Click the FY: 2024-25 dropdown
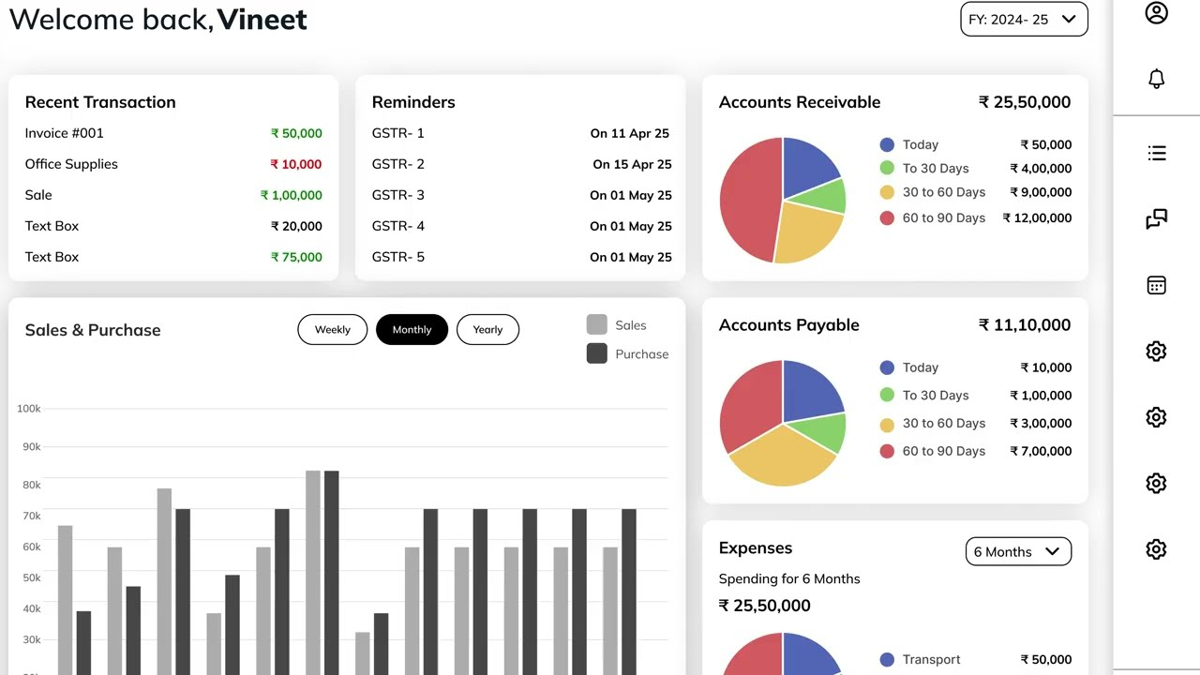pos(1024,19)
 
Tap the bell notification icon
pos(1156,79)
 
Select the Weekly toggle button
pos(332,330)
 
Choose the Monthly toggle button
pos(412,330)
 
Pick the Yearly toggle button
pos(487,330)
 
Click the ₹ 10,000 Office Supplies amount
pos(296,164)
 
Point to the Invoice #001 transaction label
pos(65,133)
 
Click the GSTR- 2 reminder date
pos(632,164)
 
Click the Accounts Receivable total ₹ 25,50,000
pos(1025,102)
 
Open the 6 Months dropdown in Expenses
pos(1018,552)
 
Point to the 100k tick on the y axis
pos(29,409)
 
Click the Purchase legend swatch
pos(597,353)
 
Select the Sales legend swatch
pos(597,324)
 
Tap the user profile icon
pos(1156,13)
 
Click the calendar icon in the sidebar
pos(1156,286)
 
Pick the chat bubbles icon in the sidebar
pos(1156,219)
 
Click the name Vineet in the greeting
pos(262,19)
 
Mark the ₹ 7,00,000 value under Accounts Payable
pos(1041,451)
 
